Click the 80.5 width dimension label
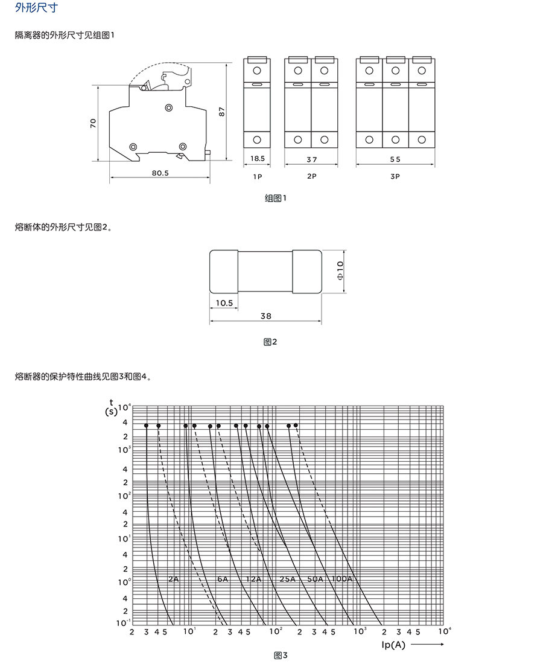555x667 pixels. tap(160, 173)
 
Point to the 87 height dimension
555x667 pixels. tap(221, 112)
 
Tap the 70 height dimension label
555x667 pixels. tap(93, 123)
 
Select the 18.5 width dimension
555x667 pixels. tap(258, 159)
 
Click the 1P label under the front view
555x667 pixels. tap(258, 176)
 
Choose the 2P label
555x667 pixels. tap(312, 176)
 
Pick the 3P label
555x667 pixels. tap(395, 176)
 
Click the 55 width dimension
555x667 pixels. tap(395, 159)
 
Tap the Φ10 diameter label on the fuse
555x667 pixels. tap(340, 271)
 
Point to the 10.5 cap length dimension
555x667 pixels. tap(224, 303)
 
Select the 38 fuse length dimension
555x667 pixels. tap(266, 316)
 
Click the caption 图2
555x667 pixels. tap(270, 342)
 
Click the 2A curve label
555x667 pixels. tap(174, 579)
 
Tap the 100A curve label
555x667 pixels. tap(342, 579)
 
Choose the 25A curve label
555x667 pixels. tap(288, 579)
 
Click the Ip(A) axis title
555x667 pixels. tap(393, 645)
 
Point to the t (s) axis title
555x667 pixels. tap(112, 407)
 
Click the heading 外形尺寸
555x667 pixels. tap(36, 8)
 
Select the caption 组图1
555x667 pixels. tap(276, 198)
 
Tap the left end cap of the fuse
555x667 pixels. tap(224, 272)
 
